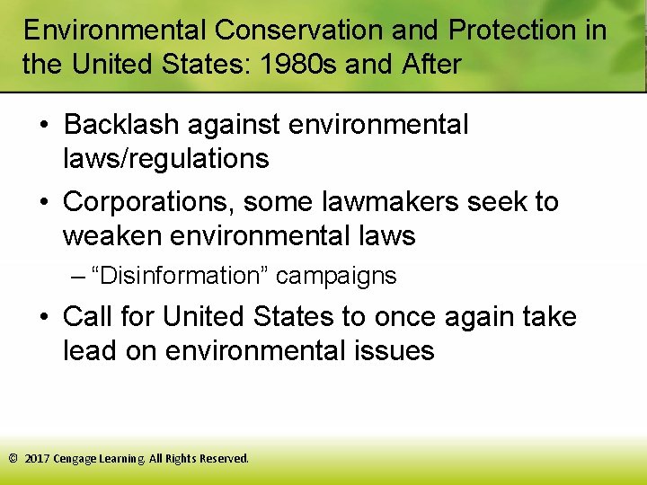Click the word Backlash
point(118,125)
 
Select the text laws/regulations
point(165,159)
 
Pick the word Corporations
point(144,202)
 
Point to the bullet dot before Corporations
point(44,203)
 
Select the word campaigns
point(336,276)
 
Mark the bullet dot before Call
point(44,318)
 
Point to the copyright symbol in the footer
point(13,458)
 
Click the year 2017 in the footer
point(37,458)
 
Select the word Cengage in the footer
point(75,458)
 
